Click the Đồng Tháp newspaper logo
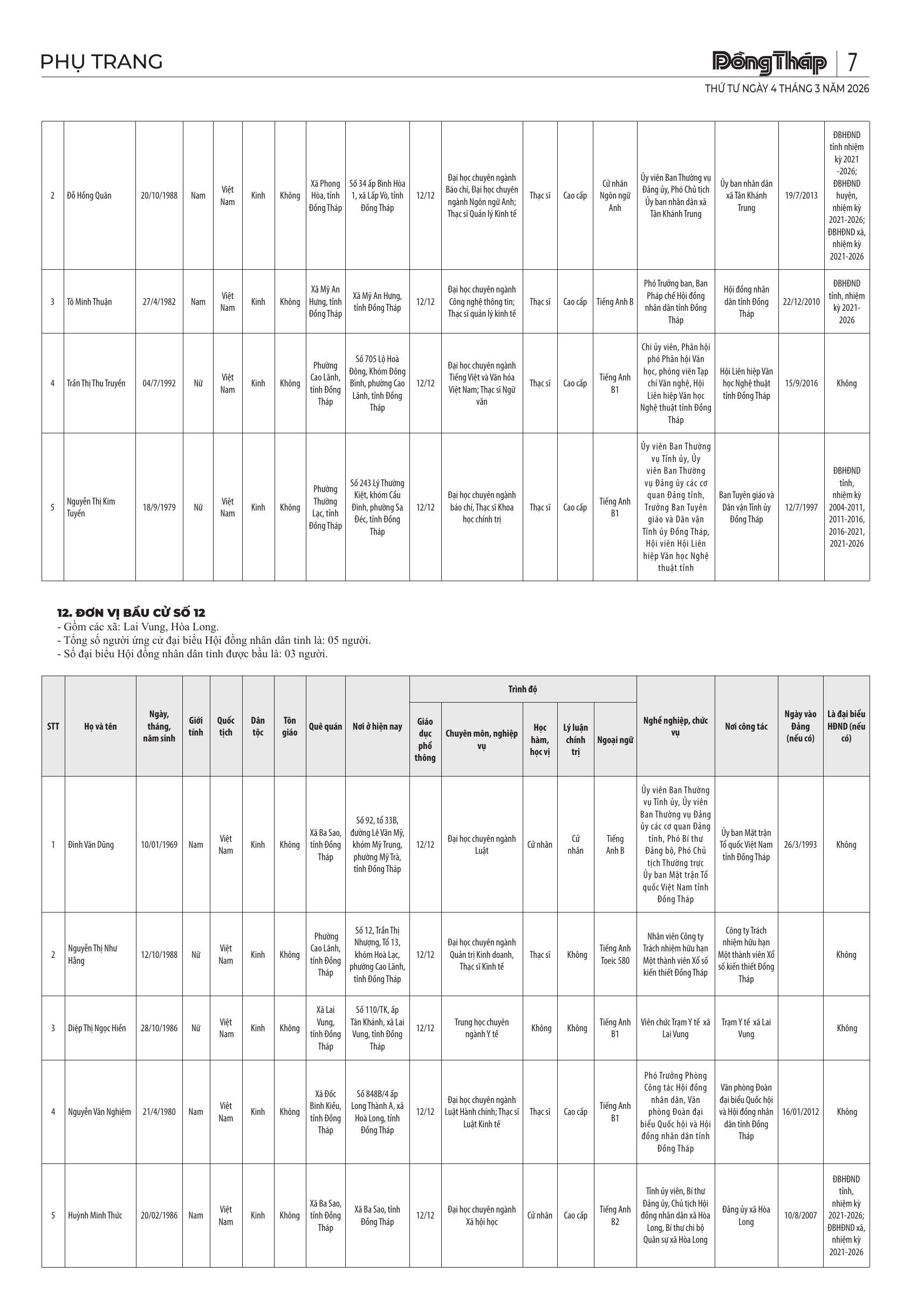769,63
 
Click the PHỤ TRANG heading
102,62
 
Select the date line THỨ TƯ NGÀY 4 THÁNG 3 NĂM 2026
787,89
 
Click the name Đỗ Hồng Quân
90,196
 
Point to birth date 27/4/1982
159,302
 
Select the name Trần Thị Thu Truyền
96,383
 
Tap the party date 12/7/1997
801,507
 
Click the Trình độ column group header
522,689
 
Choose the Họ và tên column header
100,726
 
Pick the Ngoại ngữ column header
615,740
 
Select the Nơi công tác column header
746,726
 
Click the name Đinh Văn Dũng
91,845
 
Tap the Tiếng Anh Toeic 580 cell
615,955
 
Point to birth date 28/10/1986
159,1028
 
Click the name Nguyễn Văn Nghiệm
100,1112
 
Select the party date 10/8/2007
800,1215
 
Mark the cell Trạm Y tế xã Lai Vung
746,1028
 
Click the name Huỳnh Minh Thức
95,1215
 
